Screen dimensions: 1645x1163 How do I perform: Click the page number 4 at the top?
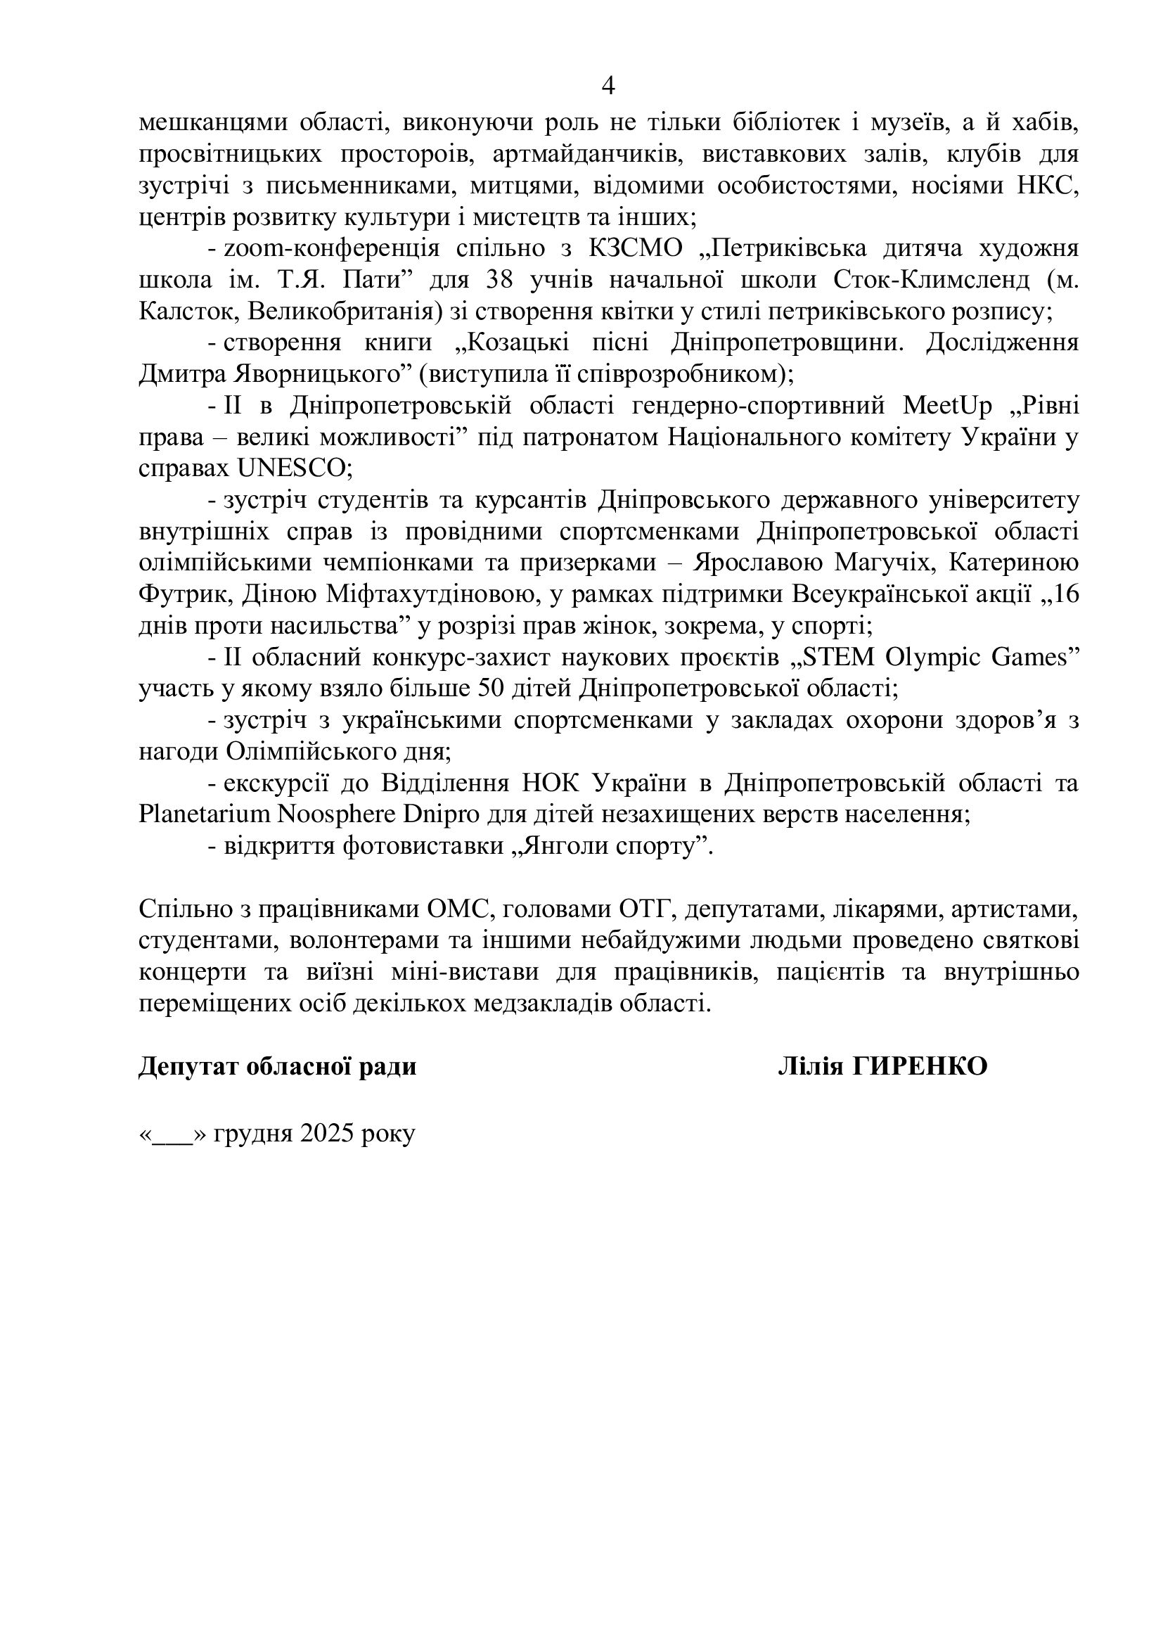point(608,87)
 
